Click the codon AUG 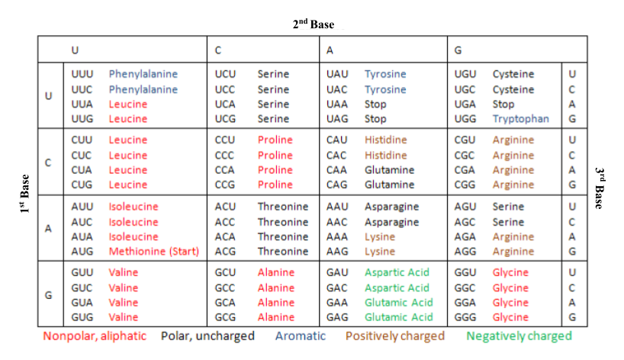82,251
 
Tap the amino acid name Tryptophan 520,119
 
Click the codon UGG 465,119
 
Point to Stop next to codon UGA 503,104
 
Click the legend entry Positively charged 395,336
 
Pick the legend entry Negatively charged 519,336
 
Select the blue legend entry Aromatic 301,336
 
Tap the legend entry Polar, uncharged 207,336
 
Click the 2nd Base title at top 314,24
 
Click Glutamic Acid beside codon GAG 398,317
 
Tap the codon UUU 82,75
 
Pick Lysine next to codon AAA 380,236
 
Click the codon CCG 225,185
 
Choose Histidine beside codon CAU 385,140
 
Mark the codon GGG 465,317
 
